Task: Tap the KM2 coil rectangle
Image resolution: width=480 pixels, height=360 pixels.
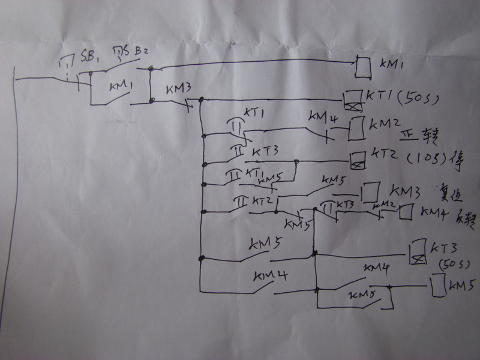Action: click(356, 128)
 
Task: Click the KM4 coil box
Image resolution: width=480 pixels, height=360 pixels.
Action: click(406, 213)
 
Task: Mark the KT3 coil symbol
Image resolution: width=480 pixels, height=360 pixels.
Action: click(416, 251)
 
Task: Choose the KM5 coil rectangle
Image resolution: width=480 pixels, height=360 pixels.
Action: click(438, 286)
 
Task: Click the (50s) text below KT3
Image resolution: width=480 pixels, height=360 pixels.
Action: click(450, 264)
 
